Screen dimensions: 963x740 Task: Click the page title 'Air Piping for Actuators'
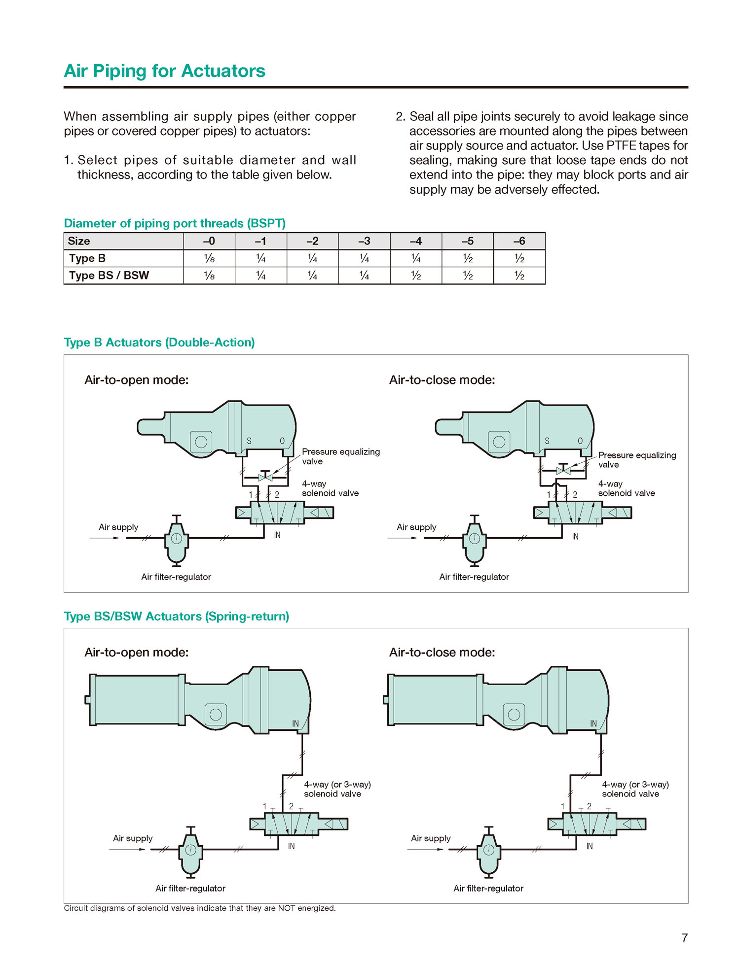tap(164, 71)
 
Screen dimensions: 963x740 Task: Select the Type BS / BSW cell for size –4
tap(416, 275)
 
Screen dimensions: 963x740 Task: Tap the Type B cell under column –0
tap(209, 258)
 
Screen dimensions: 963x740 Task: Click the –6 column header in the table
tap(519, 241)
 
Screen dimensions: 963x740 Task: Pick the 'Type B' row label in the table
tap(87, 258)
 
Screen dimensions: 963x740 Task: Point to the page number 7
tap(684, 938)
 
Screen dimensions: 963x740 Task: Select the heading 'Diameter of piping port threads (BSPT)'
tap(175, 223)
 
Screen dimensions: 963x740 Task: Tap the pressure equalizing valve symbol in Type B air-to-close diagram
tap(563, 470)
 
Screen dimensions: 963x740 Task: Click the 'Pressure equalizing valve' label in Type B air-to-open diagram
tap(340, 456)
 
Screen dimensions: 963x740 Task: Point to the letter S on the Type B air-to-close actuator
tap(547, 441)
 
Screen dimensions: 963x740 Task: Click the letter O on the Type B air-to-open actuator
tap(282, 441)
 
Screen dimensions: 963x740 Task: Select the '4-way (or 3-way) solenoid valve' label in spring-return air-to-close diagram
tap(635, 789)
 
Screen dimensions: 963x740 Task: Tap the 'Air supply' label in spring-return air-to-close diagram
tap(431, 838)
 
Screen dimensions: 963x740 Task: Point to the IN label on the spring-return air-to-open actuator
tap(296, 723)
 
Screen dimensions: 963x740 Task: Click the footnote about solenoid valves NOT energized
tap(200, 908)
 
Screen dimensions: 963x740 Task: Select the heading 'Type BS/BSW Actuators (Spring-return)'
tap(176, 617)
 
